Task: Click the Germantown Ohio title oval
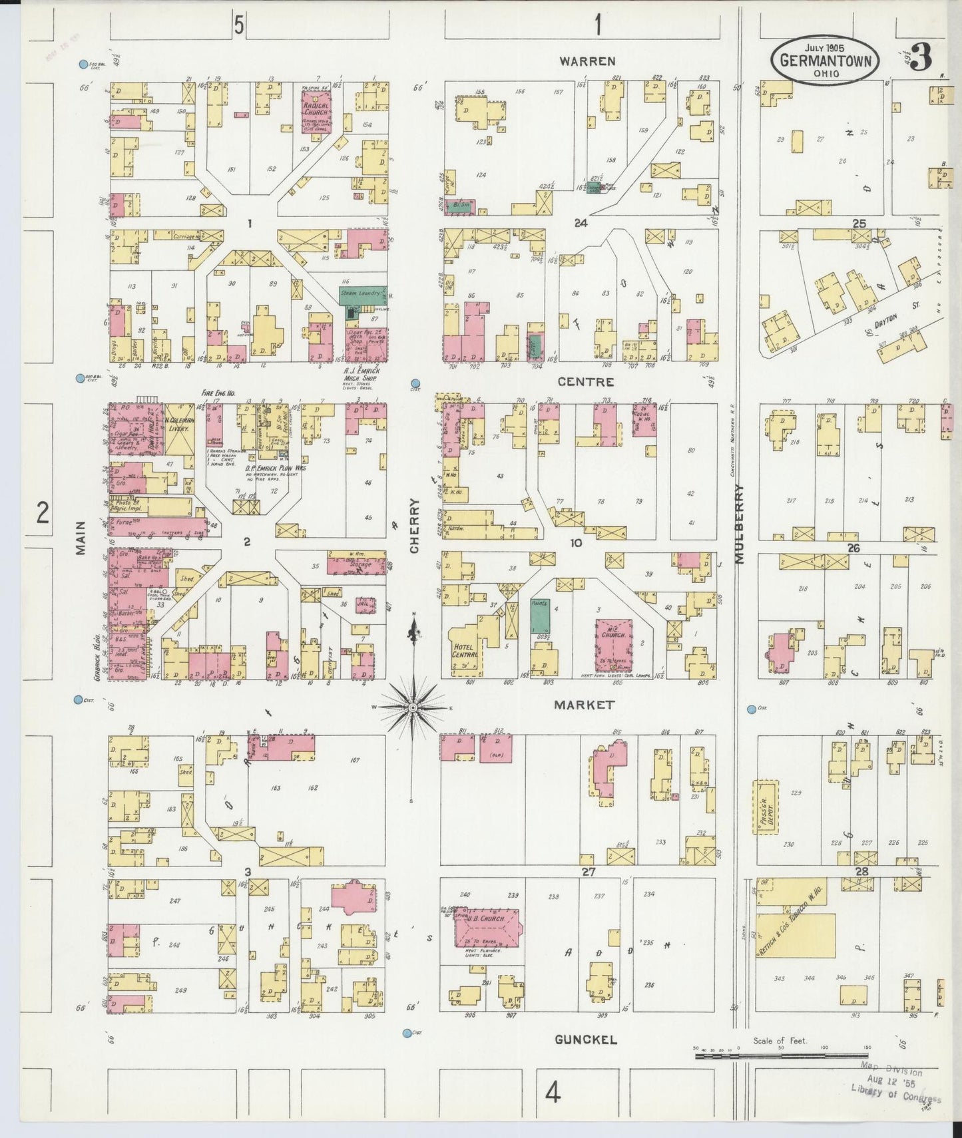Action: point(826,60)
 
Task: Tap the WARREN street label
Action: point(587,61)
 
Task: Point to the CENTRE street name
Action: point(586,382)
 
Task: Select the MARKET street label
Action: point(585,704)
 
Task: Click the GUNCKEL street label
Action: point(586,1040)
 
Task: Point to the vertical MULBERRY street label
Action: point(739,524)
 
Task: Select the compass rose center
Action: point(413,706)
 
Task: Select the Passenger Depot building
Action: point(765,807)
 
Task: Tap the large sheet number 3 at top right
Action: point(921,59)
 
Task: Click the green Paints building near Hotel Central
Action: point(540,616)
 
